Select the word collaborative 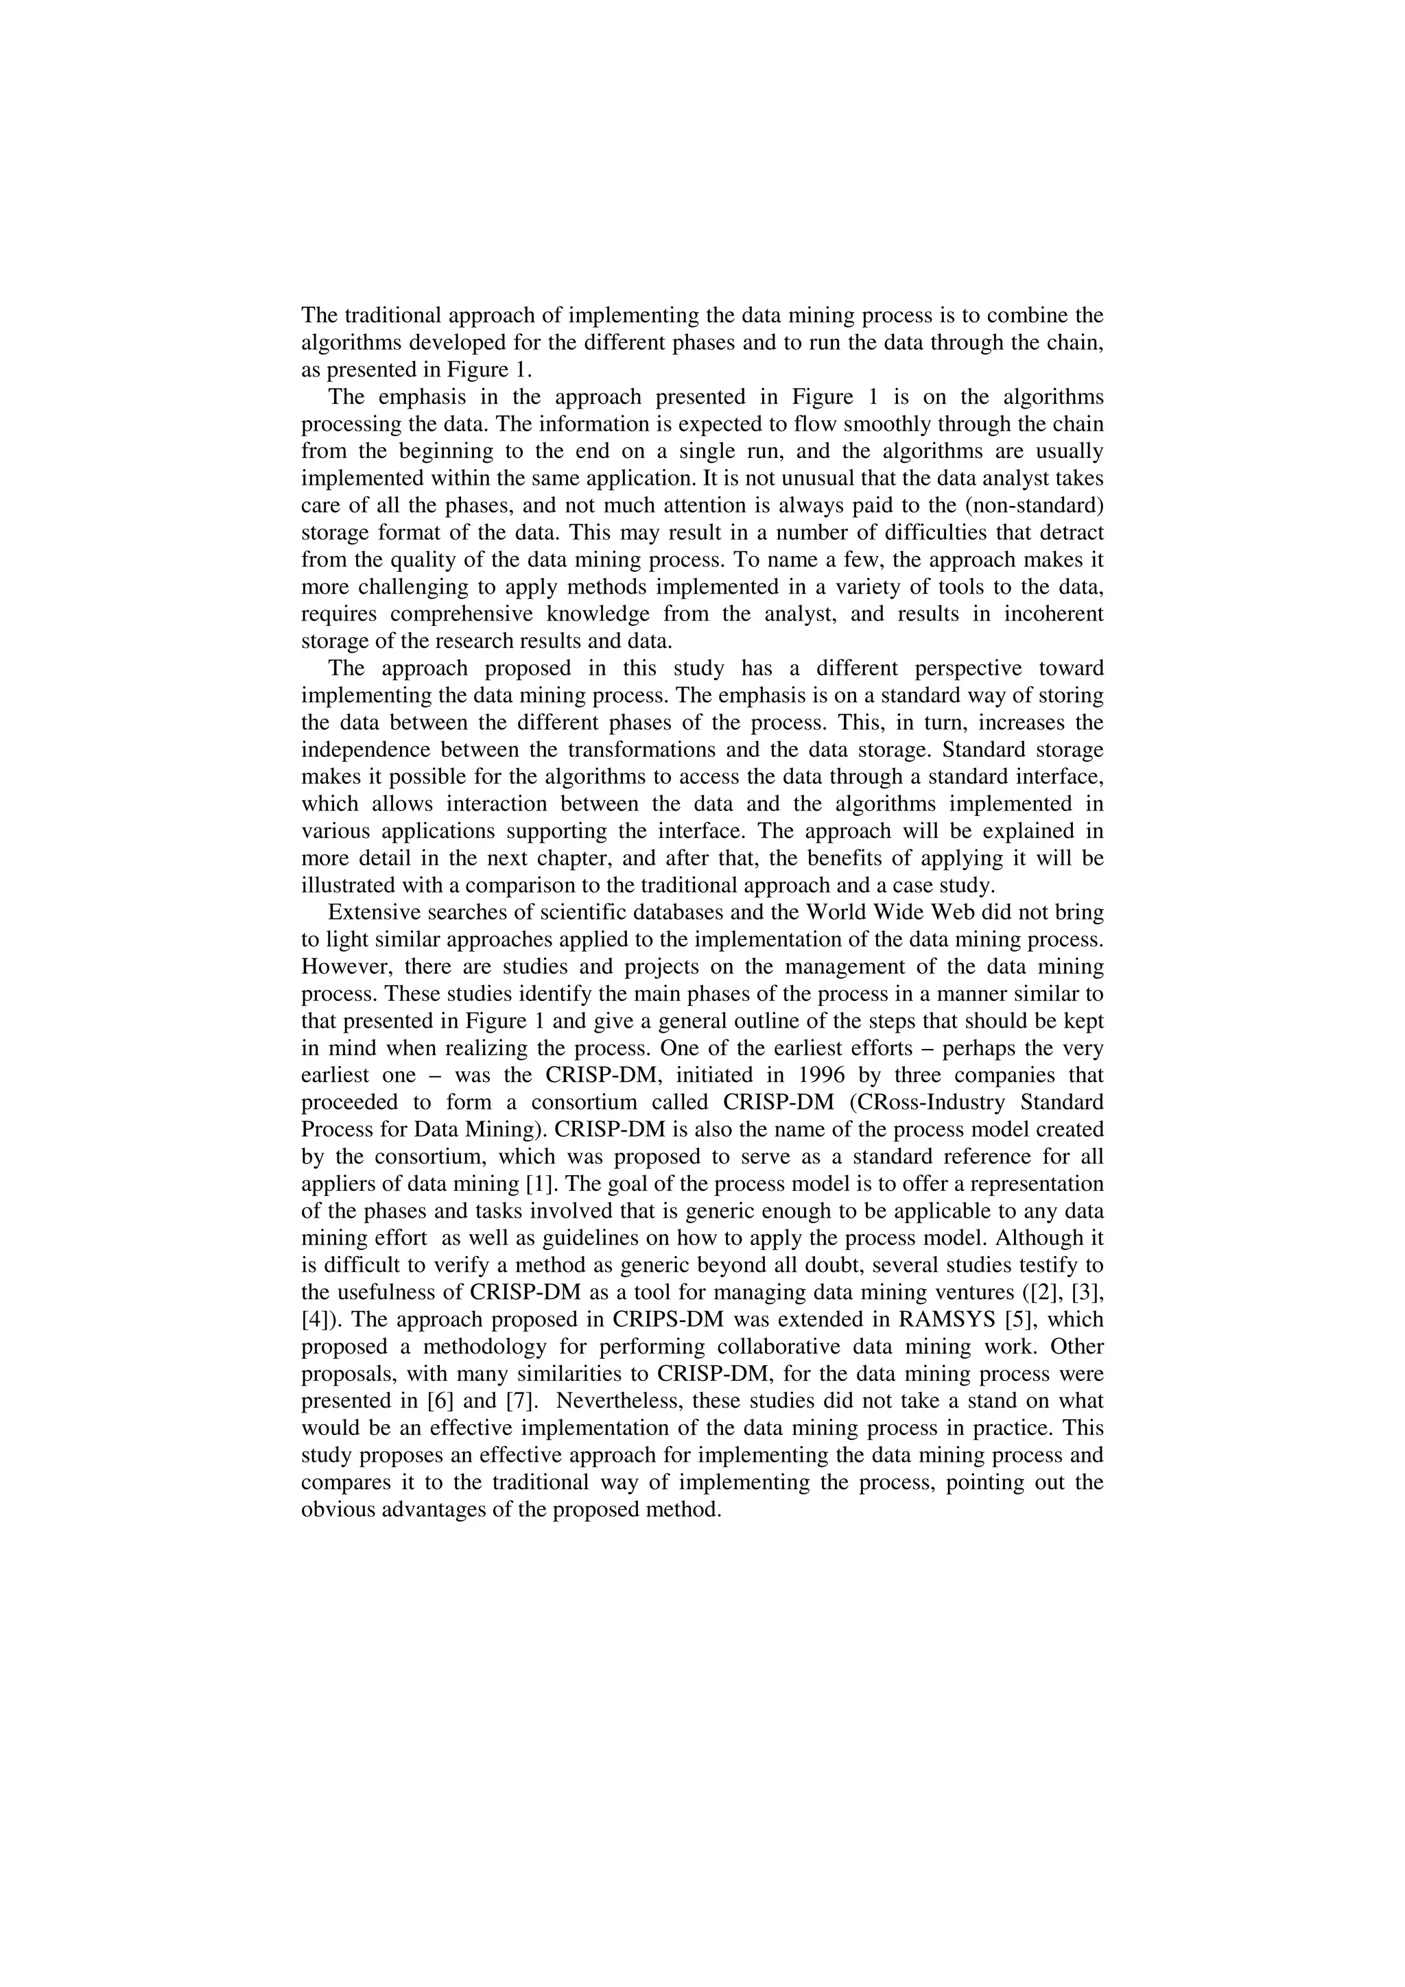pos(773,1347)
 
